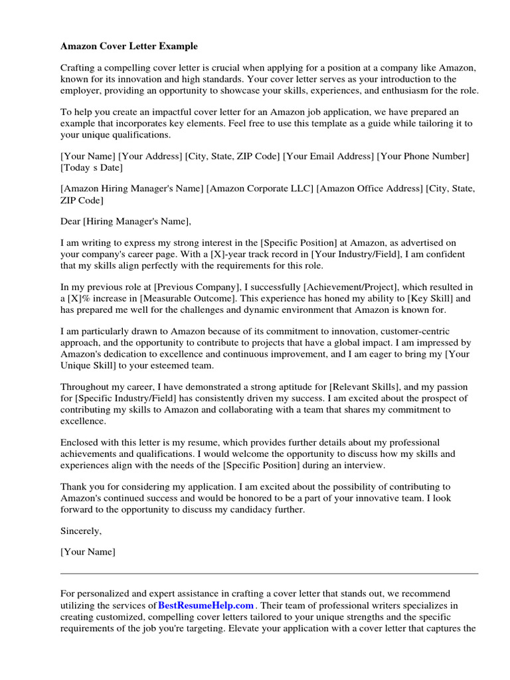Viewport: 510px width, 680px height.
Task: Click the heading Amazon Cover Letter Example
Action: pos(129,46)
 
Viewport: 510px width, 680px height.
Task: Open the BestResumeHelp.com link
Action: pos(206,606)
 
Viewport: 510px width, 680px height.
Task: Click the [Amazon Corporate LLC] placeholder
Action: pos(260,189)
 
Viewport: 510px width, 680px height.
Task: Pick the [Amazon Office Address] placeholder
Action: pos(369,189)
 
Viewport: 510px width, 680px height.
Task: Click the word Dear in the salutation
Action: pos(71,221)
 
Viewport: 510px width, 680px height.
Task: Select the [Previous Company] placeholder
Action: pos(197,287)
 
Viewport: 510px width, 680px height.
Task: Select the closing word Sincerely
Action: pos(81,531)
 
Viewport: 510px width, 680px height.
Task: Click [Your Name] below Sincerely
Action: pos(88,552)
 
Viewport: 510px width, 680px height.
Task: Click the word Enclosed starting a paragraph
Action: pos(81,442)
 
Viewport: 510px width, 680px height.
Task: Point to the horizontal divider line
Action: pos(269,573)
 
